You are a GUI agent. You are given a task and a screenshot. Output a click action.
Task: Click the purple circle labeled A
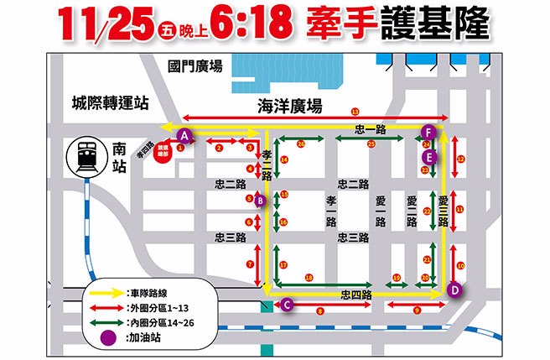[185, 134]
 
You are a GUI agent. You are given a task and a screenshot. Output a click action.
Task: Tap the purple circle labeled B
[260, 201]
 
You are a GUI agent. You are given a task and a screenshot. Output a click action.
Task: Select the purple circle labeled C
[287, 305]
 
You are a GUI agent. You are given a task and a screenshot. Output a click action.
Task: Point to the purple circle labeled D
[454, 290]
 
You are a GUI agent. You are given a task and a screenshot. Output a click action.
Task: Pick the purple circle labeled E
[429, 157]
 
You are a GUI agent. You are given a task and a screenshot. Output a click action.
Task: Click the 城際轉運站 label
[110, 102]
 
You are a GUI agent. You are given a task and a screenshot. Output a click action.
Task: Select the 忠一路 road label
[370, 129]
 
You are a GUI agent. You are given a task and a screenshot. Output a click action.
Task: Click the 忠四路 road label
[356, 295]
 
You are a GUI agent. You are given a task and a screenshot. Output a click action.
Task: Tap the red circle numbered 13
[355, 112]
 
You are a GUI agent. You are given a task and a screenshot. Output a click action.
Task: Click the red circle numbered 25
[371, 143]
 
